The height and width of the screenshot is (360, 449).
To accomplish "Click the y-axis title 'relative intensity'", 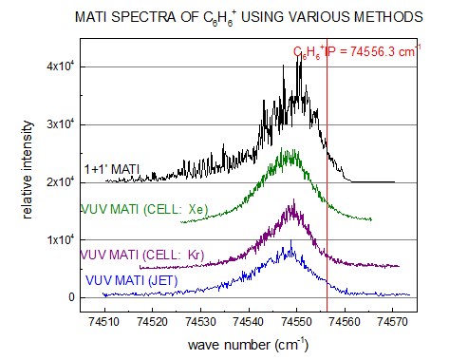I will click(29, 180).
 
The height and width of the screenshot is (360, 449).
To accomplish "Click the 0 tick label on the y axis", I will click(70, 297).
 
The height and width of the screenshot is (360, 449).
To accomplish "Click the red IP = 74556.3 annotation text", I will click(356, 53).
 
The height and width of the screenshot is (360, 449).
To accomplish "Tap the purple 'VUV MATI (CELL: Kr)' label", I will click(139, 254).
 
